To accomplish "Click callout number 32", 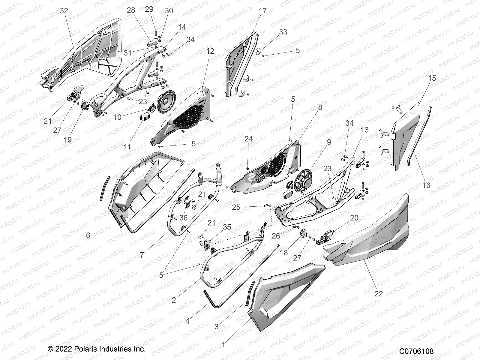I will [x=64, y=11].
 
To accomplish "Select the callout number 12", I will [x=210, y=51].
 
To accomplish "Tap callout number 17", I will [x=262, y=11].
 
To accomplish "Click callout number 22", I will [x=379, y=294].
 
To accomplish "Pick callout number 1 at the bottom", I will [x=223, y=345].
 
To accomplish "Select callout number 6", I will [x=88, y=235].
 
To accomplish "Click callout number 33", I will [x=283, y=32].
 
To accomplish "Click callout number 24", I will [x=249, y=139].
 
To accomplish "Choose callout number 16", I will [x=426, y=185].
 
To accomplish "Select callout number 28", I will [x=131, y=10].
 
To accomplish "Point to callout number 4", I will [x=187, y=321].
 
